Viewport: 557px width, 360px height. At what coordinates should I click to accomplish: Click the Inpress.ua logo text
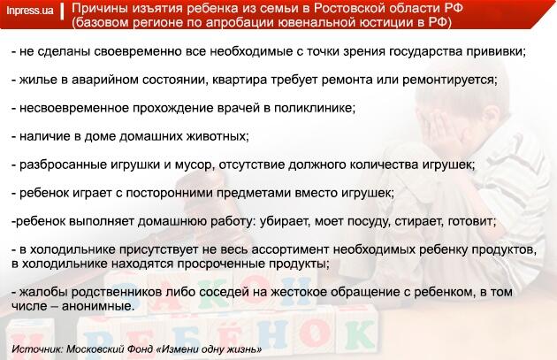(30, 11)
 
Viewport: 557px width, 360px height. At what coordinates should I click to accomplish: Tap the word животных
(218, 136)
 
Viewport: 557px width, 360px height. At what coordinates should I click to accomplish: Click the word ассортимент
(290, 249)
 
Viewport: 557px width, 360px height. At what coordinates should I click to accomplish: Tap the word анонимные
(98, 306)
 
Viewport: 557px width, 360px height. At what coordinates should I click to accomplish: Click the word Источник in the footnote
(37, 349)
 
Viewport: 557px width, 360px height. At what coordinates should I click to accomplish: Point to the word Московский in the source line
(92, 349)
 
